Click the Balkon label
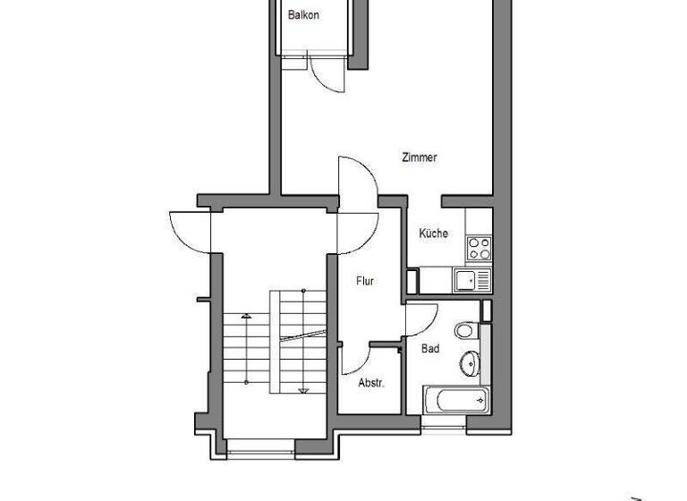[303, 15]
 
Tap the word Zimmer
[419, 157]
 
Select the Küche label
[433, 234]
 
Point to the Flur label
[365, 281]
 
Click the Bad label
[430, 349]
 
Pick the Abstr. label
[370, 383]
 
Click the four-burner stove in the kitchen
[479, 247]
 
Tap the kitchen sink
[471, 280]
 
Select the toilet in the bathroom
[464, 331]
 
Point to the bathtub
[456, 399]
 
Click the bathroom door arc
[418, 317]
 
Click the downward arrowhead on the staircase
[303, 389]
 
